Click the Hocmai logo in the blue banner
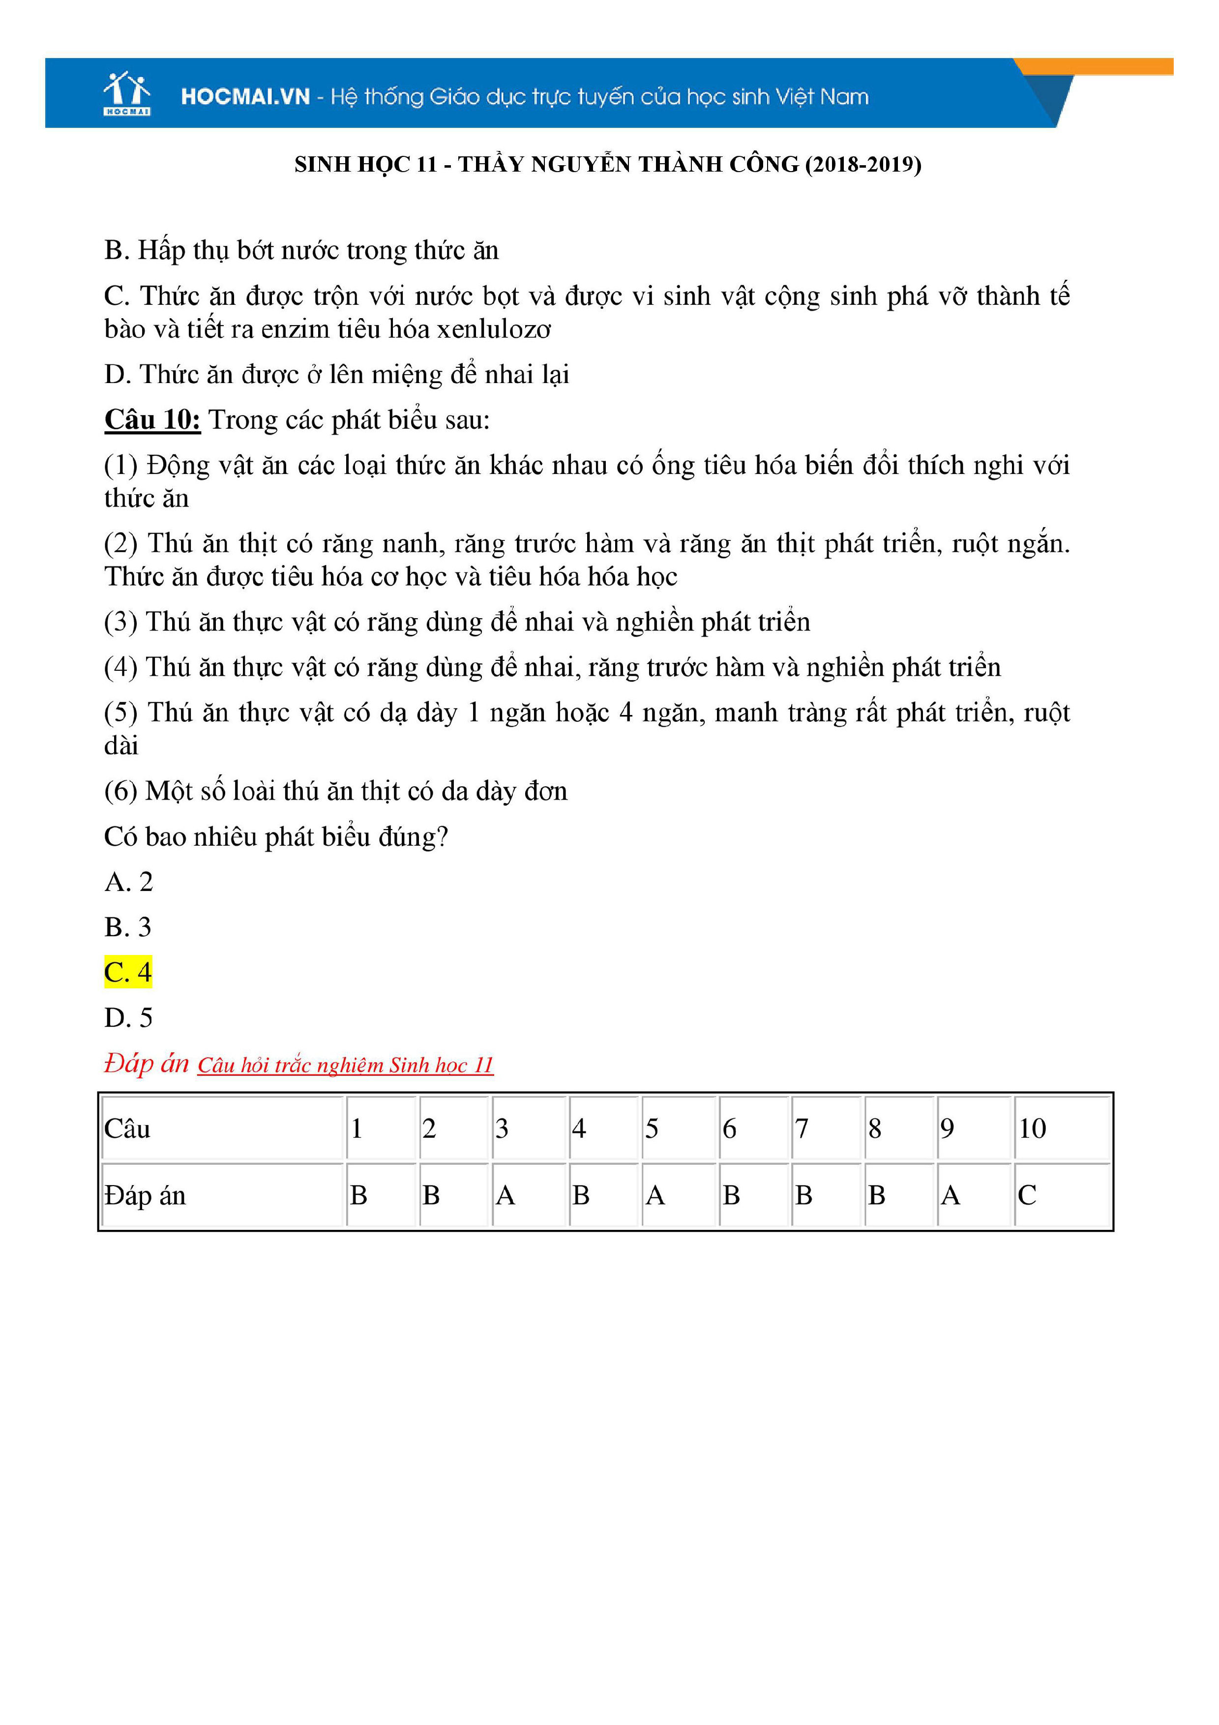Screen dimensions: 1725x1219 (127, 93)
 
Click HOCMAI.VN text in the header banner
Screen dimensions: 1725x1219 (245, 97)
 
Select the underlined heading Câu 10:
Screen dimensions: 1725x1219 (152, 420)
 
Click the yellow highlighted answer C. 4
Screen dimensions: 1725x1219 (128, 972)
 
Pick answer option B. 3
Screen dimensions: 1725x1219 (128, 927)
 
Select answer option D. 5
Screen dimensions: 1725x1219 (128, 1018)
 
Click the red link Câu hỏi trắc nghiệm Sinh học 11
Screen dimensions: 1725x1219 (346, 1066)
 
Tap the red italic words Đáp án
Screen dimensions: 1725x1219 (147, 1064)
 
